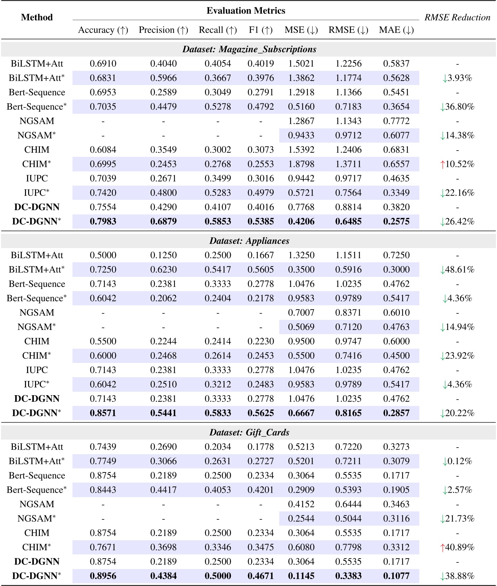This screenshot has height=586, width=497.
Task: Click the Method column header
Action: click(37, 17)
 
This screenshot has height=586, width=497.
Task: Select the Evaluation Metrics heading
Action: click(246, 11)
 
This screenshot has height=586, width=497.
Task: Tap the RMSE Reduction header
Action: click(457, 17)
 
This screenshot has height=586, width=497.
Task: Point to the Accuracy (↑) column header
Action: click(103, 30)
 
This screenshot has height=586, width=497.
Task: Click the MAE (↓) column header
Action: click(396, 30)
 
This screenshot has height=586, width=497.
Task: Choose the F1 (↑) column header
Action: click(260, 30)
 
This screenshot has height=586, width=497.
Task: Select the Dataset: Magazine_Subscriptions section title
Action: click(249, 49)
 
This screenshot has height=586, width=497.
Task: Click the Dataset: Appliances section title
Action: click(249, 241)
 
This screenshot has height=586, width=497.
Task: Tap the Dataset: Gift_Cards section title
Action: click(249, 432)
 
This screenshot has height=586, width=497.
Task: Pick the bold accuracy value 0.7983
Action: click(103, 221)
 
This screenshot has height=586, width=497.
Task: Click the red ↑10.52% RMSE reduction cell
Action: click(457, 164)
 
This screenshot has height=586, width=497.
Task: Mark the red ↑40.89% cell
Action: click(457, 547)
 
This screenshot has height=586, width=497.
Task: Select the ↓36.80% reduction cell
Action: click(457, 107)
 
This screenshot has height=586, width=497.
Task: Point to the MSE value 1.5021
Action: click(301, 63)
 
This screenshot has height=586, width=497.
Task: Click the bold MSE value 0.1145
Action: click(301, 576)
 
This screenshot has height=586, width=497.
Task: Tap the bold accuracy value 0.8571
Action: click(103, 413)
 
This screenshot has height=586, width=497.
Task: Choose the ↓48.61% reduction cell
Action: click(457, 270)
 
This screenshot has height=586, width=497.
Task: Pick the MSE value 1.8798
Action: click(301, 164)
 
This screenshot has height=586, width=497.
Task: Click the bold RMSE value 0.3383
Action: click(348, 576)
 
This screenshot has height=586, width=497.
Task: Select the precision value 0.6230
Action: click(163, 270)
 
